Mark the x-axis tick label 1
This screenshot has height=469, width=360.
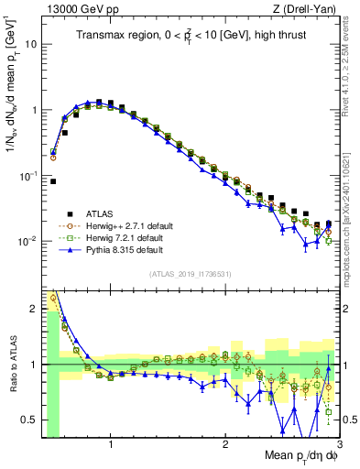pyautogui.click(x=111, y=446)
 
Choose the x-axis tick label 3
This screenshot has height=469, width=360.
pyautogui.click(x=338, y=446)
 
